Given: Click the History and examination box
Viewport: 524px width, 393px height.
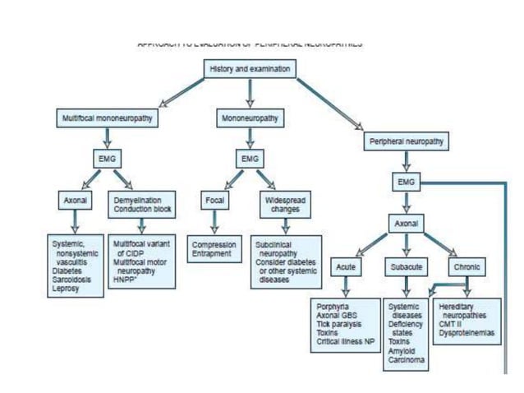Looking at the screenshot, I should [250, 70].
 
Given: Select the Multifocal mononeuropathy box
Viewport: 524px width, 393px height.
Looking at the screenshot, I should [108, 118].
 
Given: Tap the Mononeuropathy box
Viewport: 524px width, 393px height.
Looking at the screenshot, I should [249, 118].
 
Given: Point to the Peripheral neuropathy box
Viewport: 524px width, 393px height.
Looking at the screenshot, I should [405, 141].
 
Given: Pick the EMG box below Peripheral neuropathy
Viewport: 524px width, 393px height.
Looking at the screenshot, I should [405, 180].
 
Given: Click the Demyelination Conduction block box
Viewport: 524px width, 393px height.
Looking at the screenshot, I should [141, 204].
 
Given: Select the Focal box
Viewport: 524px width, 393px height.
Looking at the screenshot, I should [214, 200].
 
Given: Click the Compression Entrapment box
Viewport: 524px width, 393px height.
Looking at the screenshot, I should [214, 249].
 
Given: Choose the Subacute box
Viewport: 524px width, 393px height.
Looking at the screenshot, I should [405, 267].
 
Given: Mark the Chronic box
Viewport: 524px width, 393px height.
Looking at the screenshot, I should [467, 267].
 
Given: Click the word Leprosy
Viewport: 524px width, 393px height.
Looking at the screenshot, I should [66, 289].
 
